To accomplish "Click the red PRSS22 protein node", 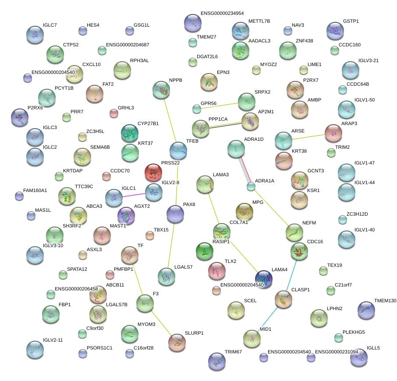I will [x=153, y=172].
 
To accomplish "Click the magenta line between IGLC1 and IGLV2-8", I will [x=134, y=195].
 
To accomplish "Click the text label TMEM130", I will [x=385, y=301].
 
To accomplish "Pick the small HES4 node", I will [x=83, y=31].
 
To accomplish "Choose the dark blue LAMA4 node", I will [x=264, y=279].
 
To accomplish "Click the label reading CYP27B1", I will [x=148, y=124].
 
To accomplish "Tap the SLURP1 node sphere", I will [x=177, y=343].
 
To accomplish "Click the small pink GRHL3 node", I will [x=114, y=114].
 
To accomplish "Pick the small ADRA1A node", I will [x=251, y=187].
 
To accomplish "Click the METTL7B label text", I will [x=259, y=21].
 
